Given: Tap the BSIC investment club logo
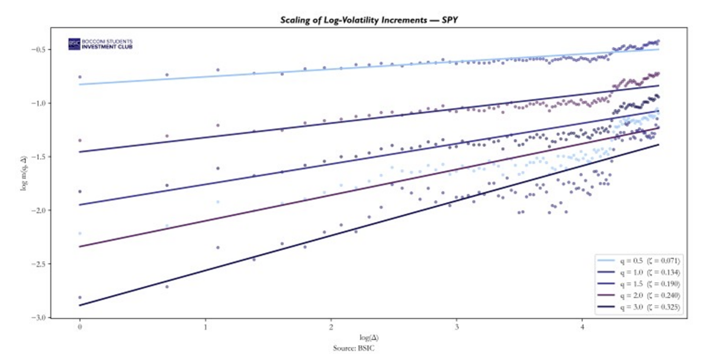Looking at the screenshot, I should (100, 44).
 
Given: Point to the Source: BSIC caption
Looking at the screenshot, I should (354, 348).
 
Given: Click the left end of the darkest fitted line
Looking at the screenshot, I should (80, 305).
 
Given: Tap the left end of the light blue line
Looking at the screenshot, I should (80, 84).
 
